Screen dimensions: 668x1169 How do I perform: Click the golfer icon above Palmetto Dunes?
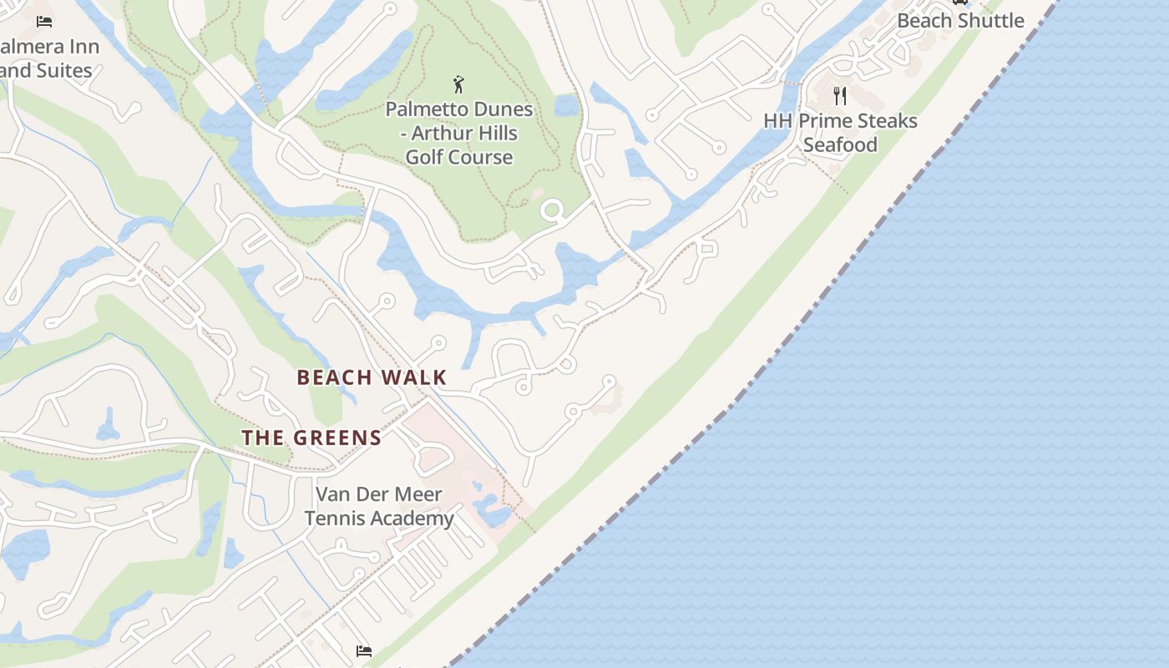(x=458, y=84)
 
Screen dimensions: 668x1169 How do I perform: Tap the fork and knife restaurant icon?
(x=840, y=96)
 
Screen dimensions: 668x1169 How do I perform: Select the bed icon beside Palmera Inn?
(x=44, y=21)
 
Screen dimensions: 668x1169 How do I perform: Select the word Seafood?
(x=840, y=145)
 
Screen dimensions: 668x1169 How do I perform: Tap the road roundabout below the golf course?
(x=551, y=210)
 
